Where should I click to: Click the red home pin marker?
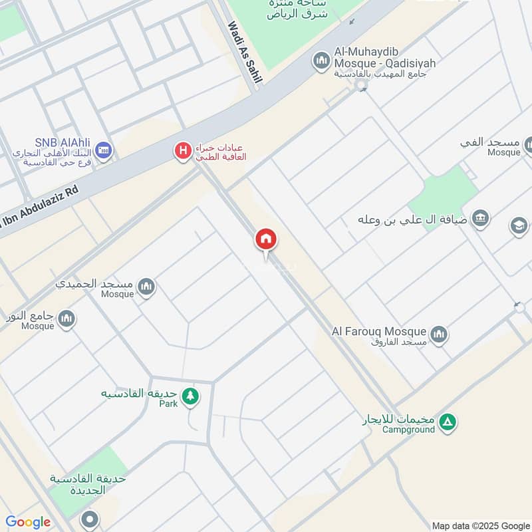tap(266, 239)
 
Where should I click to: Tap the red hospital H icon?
tap(182, 151)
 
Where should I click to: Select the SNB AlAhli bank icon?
tap(103, 151)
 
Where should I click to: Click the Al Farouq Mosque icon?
tap(438, 334)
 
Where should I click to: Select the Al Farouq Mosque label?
tap(379, 331)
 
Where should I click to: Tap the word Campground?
tap(408, 430)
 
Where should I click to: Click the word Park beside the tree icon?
tap(168, 404)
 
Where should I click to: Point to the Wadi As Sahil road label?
tap(245, 53)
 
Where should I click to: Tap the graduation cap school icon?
tap(519, 226)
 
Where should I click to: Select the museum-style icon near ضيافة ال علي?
tap(479, 217)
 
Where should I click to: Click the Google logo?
tap(28, 522)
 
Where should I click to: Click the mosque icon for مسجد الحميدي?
tap(146, 288)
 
